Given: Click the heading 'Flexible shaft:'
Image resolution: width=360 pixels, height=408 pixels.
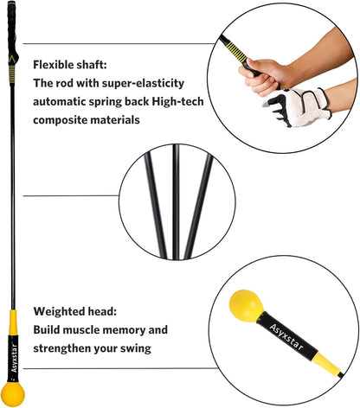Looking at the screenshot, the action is point(70,65).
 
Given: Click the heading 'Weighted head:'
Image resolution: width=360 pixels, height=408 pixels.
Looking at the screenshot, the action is point(75,311).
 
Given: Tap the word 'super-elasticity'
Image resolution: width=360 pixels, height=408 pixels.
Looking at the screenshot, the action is point(143,83).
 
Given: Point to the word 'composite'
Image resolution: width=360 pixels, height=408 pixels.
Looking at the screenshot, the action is point(60,120).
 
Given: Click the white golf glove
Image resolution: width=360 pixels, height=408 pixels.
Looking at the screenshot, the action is point(299,107).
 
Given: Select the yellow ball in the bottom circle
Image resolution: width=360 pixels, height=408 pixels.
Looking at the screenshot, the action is point(246,305).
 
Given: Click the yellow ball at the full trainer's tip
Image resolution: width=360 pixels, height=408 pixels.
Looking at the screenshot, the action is point(13,394).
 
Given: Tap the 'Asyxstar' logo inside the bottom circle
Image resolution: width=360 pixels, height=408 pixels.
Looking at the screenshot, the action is point(286,336).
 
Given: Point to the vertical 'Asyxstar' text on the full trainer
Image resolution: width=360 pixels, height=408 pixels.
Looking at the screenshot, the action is point(14,358).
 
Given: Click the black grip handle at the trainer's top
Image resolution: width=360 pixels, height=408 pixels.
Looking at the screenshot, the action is point(12,32).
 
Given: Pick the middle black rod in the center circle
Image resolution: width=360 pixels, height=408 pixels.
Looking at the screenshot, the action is point(176,201).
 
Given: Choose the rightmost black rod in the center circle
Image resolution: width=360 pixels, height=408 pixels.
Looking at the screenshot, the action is point(199,206).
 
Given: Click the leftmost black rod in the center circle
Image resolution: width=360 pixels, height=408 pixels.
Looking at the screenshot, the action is point(156,205).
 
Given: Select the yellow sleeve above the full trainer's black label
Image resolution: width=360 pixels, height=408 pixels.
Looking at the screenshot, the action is point(13,323).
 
